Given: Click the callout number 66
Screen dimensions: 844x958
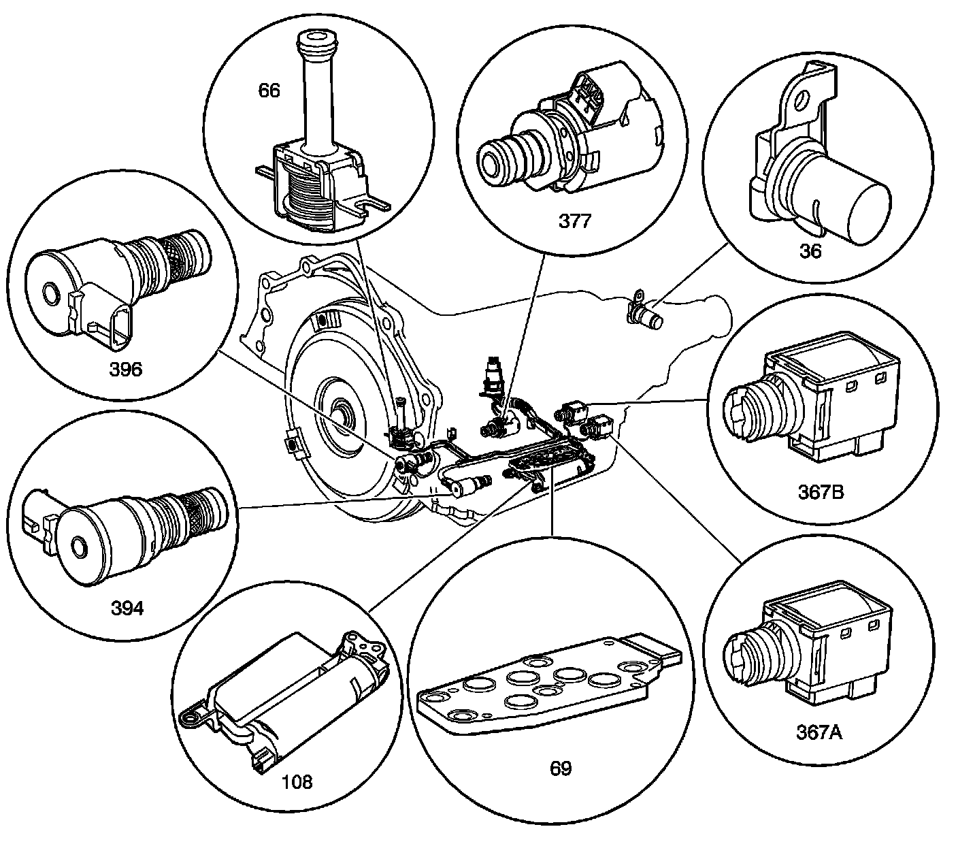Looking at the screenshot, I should pyautogui.click(x=269, y=91).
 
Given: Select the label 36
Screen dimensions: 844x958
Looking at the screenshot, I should pyautogui.click(x=811, y=250).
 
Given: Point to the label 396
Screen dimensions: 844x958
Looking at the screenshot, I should pyautogui.click(x=126, y=369).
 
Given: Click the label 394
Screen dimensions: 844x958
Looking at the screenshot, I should pyautogui.click(x=127, y=608).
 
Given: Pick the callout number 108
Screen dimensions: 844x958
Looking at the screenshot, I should pyautogui.click(x=297, y=781).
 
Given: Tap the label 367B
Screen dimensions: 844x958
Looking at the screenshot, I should pyautogui.click(x=821, y=491).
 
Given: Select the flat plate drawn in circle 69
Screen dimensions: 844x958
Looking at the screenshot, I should pyautogui.click(x=544, y=687).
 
